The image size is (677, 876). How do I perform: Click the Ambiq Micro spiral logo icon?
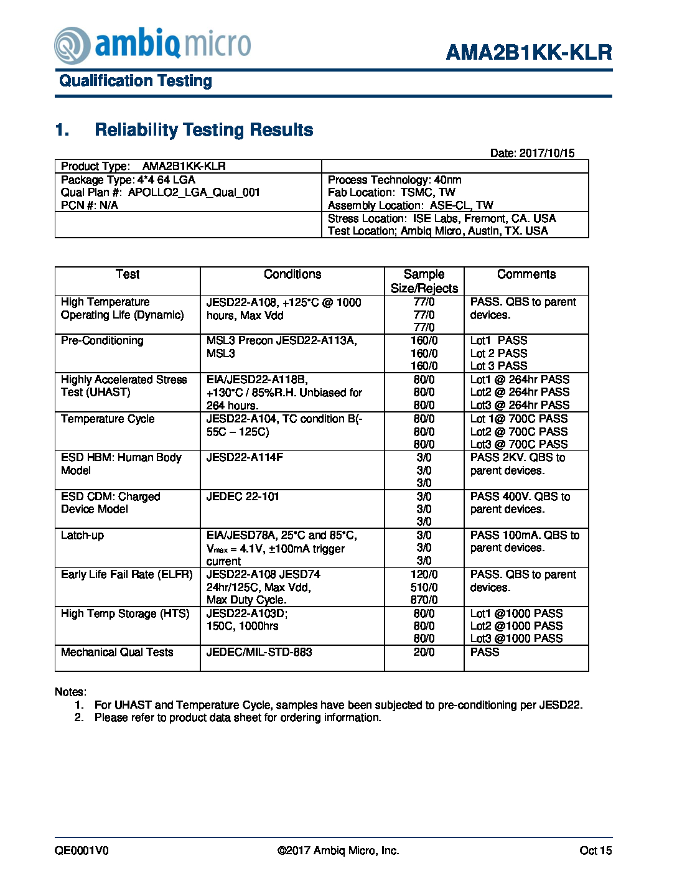[x=72, y=45]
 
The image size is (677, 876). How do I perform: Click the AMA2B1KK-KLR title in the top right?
[x=529, y=52]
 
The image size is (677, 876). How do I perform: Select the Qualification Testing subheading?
[x=136, y=81]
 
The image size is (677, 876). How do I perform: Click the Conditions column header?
[x=292, y=274]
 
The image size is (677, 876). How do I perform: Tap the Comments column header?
[x=526, y=274]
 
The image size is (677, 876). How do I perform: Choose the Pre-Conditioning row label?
[x=102, y=340]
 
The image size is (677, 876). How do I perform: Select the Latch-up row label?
[x=82, y=535]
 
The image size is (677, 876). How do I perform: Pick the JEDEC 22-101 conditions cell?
[x=243, y=496]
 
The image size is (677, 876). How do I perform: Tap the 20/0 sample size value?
[x=424, y=652]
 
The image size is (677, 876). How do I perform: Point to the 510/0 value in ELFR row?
[x=424, y=587]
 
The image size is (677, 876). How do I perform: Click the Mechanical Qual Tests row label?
[x=117, y=652]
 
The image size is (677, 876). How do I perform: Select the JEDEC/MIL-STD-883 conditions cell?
[x=259, y=652]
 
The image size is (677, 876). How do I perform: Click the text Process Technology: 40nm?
[x=395, y=180]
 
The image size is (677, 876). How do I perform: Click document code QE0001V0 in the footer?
[x=82, y=850]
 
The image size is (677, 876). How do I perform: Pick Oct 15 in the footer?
[x=595, y=850]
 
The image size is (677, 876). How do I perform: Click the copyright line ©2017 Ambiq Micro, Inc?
[x=338, y=850]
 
